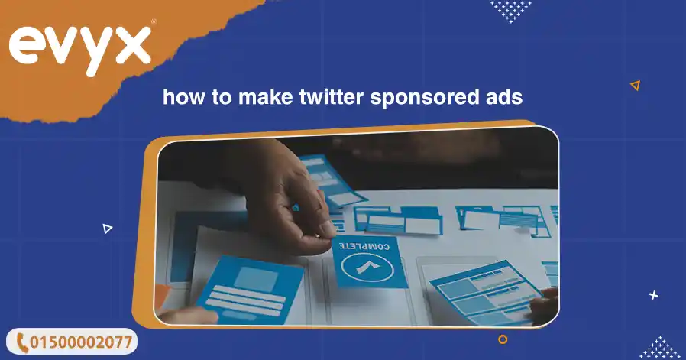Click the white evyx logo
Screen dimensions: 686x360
[80, 50]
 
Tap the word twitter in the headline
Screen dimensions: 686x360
[332, 96]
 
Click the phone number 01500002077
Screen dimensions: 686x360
[81, 342]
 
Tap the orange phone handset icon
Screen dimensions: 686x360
[22, 342]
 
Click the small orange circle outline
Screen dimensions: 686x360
[503, 339]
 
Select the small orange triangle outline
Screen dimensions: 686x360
[636, 86]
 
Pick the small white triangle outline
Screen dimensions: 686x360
[107, 229]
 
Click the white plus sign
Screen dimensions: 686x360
[654, 295]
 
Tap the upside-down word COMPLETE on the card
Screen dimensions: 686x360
[364, 247]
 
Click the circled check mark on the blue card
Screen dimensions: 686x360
[367, 268]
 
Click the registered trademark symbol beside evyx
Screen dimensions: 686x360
[153, 21]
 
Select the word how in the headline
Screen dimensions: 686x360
[183, 96]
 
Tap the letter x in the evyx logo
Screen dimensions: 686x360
[133, 46]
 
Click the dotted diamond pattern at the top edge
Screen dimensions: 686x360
[510, 11]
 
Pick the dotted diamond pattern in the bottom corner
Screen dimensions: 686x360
[662, 349]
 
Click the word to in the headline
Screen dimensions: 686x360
[222, 97]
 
